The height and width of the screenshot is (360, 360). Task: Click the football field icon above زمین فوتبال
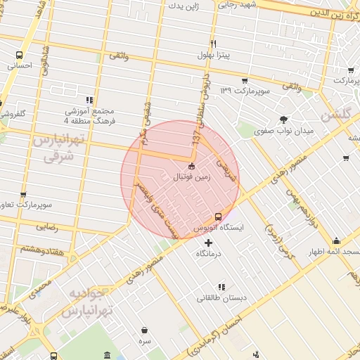click(192, 166)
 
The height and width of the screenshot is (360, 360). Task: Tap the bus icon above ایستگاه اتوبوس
click(218, 217)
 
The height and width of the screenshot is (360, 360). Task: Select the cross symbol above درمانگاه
click(207, 243)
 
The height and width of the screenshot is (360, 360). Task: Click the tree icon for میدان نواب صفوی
click(283, 120)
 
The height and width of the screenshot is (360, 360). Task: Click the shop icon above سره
click(144, 330)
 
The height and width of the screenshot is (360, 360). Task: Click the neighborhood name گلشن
click(335, 115)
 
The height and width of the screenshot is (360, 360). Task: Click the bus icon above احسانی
click(20, 55)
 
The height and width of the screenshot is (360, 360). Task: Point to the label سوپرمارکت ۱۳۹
click(243, 91)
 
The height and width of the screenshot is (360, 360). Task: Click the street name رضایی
click(46, 226)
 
